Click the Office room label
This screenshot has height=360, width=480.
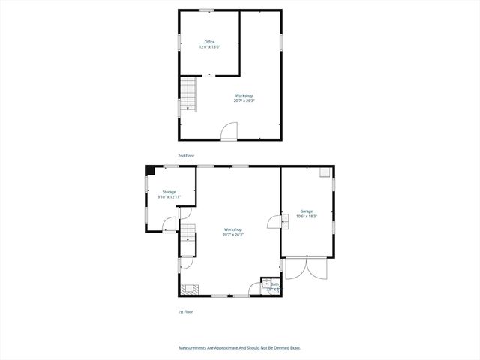209,43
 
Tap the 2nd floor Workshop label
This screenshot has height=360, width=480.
244,97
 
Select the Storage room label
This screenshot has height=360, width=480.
169,194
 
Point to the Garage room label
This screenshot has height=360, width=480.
307,213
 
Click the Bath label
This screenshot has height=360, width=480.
274,286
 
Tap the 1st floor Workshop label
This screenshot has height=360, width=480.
232,232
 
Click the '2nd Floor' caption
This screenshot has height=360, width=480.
186,156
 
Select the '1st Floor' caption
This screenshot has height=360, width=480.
184,311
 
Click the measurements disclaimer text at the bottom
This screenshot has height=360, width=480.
240,348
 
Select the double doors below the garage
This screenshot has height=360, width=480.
306,268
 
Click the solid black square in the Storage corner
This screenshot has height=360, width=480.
151,171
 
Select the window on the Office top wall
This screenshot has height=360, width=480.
206,10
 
